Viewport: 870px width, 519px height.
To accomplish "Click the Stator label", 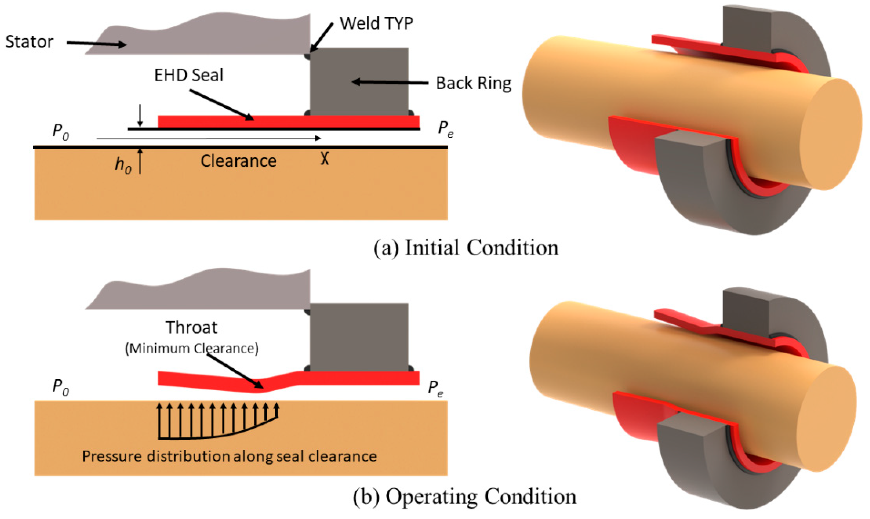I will (29, 42).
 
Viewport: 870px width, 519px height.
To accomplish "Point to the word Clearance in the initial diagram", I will (238, 161).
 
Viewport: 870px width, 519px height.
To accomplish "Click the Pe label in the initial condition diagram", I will (446, 129).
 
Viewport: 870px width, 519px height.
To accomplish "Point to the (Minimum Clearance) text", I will (192, 348).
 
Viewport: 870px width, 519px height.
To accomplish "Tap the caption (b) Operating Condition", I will (465, 496).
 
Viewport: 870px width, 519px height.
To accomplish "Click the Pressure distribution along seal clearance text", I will (229, 456).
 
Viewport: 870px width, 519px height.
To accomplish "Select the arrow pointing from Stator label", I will (96, 44).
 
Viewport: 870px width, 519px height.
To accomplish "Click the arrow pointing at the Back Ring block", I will (390, 83).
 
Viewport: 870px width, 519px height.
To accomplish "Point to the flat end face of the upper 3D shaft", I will (831, 135).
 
